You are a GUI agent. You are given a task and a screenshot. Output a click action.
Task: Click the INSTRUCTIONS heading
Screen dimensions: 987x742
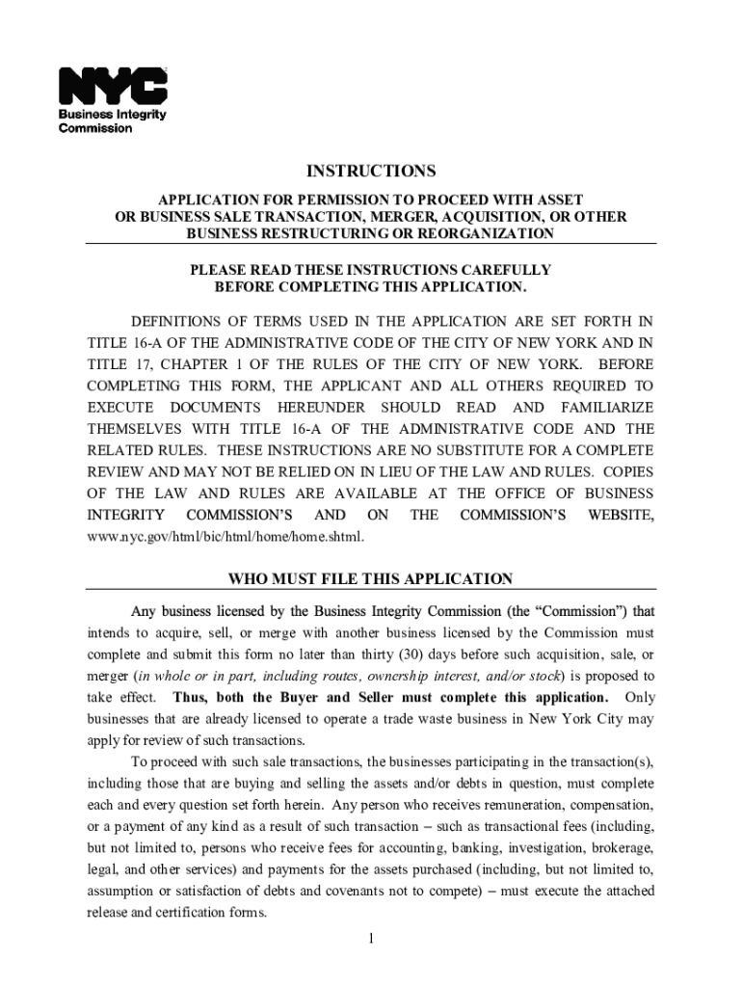tap(371, 172)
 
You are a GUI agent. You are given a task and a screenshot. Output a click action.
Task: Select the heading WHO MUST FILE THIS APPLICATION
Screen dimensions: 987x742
tap(370, 579)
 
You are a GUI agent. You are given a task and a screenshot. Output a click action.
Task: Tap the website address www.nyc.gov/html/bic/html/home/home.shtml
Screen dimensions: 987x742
tap(225, 537)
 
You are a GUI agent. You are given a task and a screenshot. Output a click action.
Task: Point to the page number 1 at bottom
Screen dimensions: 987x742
tap(370, 940)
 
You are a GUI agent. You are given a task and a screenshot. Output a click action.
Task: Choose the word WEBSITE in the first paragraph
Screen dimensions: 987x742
tap(621, 516)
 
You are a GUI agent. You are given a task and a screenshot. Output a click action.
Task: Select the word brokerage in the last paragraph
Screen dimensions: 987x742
tap(622, 847)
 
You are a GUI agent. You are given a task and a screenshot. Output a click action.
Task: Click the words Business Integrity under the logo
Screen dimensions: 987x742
tap(113, 115)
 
